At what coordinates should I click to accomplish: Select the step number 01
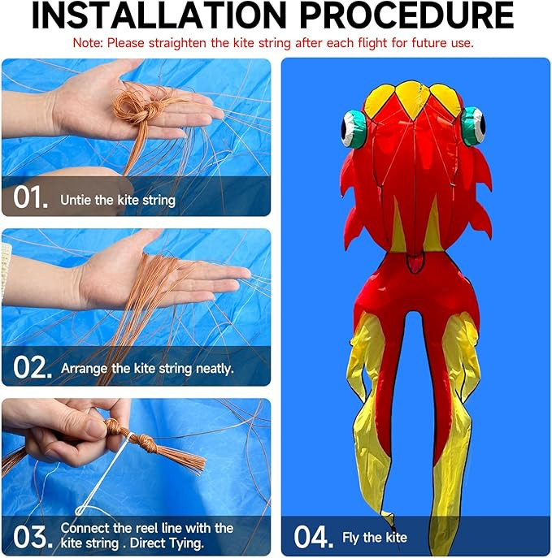(x=30, y=197)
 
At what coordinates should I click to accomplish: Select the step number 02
(x=32, y=368)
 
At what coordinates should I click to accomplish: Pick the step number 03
(x=33, y=537)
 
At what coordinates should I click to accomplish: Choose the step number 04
(x=313, y=537)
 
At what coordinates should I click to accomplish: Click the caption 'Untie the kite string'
(x=118, y=201)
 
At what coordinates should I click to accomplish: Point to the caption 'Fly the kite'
(x=375, y=538)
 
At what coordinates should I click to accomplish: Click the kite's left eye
(x=354, y=128)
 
